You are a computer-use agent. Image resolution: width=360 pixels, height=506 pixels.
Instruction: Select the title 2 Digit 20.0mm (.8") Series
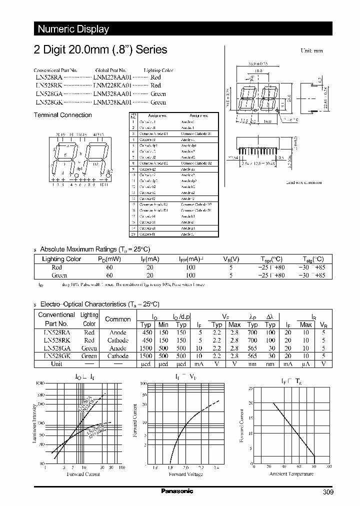tap(100, 50)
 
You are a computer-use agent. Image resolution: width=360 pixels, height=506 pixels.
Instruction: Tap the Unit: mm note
tap(311, 51)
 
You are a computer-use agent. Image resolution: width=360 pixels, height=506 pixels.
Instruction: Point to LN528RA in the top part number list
tap(48, 78)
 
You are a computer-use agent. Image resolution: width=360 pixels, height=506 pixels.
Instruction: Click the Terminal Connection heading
tap(62, 115)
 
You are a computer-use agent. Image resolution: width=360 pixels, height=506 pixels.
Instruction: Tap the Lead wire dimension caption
tap(303, 182)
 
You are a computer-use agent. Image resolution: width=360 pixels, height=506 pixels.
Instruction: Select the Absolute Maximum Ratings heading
tap(94, 249)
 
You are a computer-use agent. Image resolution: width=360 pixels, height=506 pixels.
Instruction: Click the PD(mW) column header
tap(109, 259)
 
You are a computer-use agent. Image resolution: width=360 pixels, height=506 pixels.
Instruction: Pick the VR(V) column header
tap(231, 259)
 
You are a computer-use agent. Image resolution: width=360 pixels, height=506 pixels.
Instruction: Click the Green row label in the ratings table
tap(59, 275)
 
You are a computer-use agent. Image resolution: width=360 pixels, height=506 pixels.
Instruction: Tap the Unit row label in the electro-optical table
tap(56, 364)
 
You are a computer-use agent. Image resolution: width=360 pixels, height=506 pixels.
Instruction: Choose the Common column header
tap(118, 319)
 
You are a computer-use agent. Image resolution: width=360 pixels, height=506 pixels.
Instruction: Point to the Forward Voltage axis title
tap(185, 474)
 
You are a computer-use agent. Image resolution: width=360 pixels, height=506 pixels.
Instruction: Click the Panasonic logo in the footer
tap(177, 491)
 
